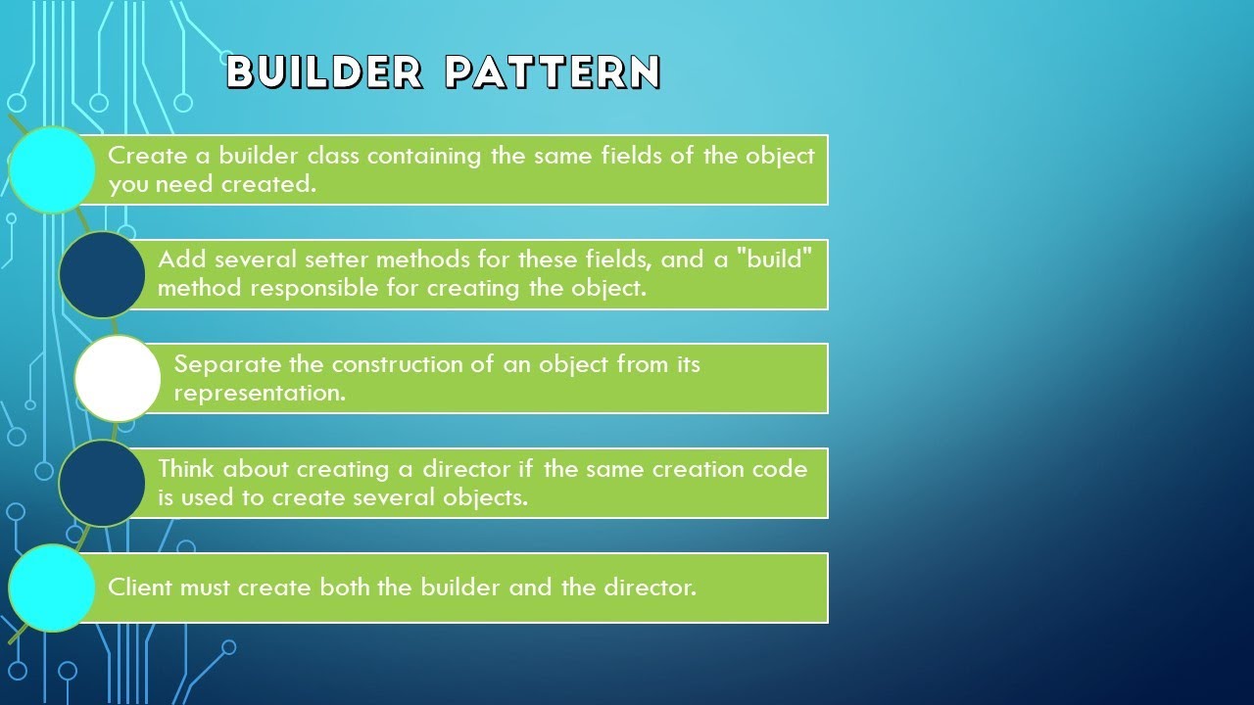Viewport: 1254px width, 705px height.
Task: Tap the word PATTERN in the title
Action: tap(553, 72)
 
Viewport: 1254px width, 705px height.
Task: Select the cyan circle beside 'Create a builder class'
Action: tap(52, 169)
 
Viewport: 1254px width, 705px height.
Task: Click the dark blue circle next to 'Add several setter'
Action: tap(102, 274)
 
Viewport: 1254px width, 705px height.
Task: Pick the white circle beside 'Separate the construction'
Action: tap(118, 378)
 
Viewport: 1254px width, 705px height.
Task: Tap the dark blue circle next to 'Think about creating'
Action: tap(102, 483)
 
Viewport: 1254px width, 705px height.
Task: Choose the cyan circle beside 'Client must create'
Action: tap(52, 587)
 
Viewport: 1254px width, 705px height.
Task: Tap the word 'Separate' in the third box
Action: tap(228, 364)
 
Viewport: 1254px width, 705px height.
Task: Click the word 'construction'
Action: tap(401, 364)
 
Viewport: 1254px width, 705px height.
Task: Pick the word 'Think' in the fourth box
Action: tap(187, 468)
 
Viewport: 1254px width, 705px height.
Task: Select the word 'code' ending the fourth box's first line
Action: tap(781, 468)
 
